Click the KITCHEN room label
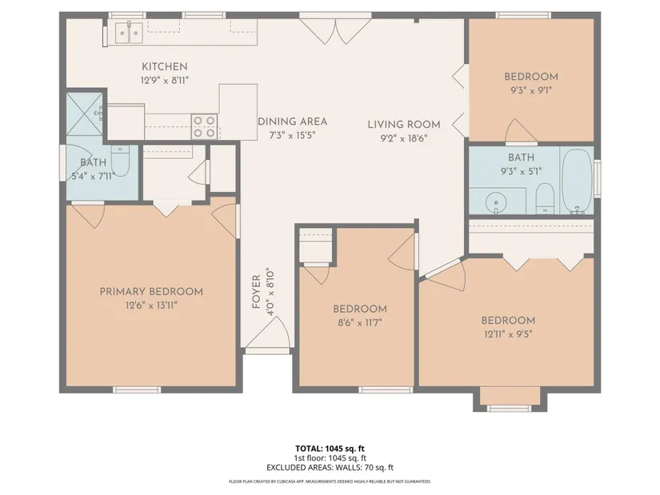pyautogui.click(x=164, y=66)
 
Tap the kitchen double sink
pyautogui.click(x=128, y=32)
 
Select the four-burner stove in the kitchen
pyautogui.click(x=205, y=126)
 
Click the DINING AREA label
pyautogui.click(x=292, y=122)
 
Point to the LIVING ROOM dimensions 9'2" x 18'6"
pyautogui.click(x=404, y=138)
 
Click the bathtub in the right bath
pyautogui.click(x=577, y=182)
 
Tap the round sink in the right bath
pyautogui.click(x=496, y=203)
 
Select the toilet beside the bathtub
pyautogui.click(x=546, y=198)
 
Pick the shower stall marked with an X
pyautogui.click(x=85, y=114)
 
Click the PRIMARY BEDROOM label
pyautogui.click(x=151, y=291)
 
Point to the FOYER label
pyautogui.click(x=256, y=292)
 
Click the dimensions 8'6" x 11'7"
pyautogui.click(x=359, y=323)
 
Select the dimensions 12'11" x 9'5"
pyautogui.click(x=508, y=334)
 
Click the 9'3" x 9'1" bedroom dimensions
pyautogui.click(x=531, y=90)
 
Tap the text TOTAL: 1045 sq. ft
pyautogui.click(x=330, y=449)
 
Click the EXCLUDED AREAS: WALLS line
pyautogui.click(x=330, y=467)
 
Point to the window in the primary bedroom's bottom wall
pyautogui.click(x=138, y=389)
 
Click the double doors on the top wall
pyautogui.click(x=335, y=29)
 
